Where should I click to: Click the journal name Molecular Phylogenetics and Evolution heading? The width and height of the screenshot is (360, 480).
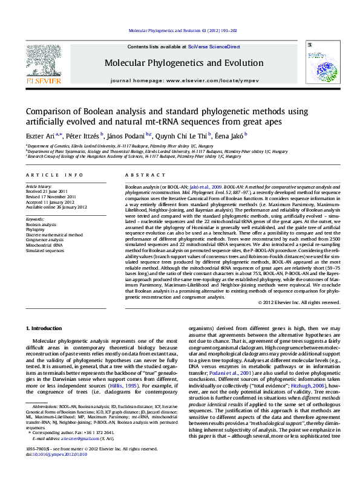tap(184, 63)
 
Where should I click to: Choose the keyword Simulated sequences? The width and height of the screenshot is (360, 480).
tap(45, 250)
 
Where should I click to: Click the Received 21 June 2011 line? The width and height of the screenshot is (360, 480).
tap(49, 192)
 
